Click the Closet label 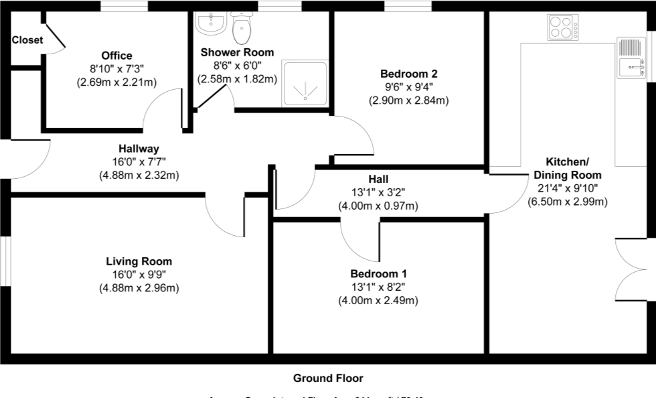[27, 40]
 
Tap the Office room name [116, 56]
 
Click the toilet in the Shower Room [241, 27]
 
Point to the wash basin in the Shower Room [211, 24]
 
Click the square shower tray [305, 83]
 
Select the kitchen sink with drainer [632, 58]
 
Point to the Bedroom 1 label [378, 273]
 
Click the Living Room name [139, 261]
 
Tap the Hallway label [139, 149]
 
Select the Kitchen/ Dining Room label [567, 168]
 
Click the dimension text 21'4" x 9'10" [567, 188]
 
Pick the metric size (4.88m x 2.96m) [139, 288]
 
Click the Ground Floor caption [328, 379]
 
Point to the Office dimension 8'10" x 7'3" [116, 69]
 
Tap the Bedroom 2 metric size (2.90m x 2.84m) [408, 101]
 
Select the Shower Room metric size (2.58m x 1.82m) [237, 79]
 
